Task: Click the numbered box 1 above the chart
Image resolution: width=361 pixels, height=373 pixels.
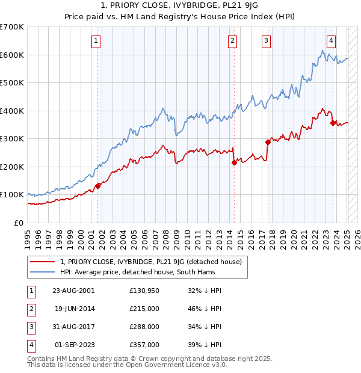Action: [x=96, y=41]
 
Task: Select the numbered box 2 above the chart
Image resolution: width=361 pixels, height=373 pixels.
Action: [x=232, y=41]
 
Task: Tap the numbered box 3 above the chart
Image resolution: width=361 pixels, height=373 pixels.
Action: [x=266, y=41]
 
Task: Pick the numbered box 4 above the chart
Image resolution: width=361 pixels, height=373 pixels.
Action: [x=331, y=41]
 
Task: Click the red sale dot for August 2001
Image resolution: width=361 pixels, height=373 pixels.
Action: [x=98, y=186]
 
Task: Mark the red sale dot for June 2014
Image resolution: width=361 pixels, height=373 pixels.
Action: [x=234, y=162]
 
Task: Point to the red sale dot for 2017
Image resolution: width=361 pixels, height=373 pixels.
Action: [x=268, y=142]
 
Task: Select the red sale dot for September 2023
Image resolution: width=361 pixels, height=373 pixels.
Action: [x=333, y=123]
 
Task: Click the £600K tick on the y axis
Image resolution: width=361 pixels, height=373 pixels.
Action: [x=12, y=55]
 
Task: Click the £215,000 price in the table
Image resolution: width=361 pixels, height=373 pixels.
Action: [x=144, y=309]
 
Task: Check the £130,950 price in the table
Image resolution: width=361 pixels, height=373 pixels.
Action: [x=144, y=291]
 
